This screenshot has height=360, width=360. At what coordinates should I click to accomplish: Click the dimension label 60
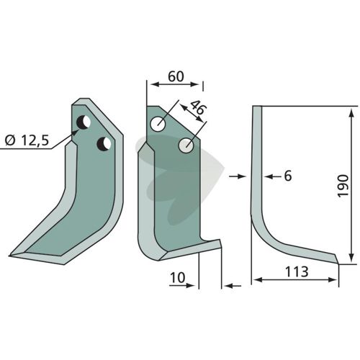point(176,76)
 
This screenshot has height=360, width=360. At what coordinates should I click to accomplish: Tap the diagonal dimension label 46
point(198,108)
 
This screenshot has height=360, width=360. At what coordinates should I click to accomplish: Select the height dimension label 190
point(343,186)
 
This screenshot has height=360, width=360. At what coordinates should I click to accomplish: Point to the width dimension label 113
point(297,272)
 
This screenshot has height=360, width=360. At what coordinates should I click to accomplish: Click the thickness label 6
point(288,176)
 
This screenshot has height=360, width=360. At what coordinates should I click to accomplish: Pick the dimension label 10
point(178,278)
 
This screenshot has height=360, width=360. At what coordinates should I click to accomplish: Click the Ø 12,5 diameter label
point(27,140)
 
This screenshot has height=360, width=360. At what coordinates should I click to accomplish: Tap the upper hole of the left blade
point(84,122)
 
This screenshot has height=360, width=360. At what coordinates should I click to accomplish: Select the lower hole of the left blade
point(104,144)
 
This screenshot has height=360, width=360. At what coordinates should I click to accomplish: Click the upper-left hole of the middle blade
point(158,124)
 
